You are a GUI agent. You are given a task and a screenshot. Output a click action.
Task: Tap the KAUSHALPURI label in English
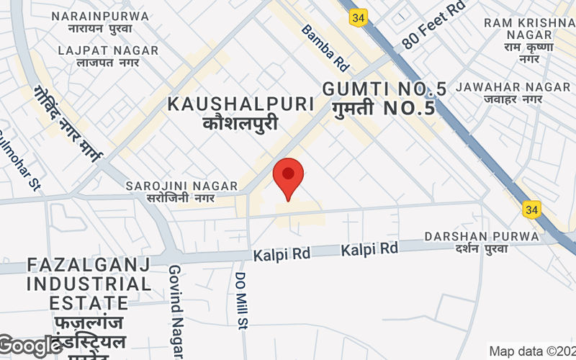(x=240, y=104)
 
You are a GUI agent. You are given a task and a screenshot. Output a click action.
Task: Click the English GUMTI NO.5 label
(x=384, y=89)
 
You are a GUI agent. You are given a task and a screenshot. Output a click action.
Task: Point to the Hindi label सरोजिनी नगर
(x=180, y=197)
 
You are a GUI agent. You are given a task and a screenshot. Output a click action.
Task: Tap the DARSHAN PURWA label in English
(x=482, y=236)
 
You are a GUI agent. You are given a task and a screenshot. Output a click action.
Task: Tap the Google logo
(x=30, y=346)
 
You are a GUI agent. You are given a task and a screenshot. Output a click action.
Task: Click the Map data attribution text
(x=532, y=351)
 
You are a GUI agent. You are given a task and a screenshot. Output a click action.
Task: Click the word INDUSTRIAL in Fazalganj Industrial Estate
(x=89, y=284)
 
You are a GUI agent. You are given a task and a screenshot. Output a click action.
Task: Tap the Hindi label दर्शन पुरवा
(x=477, y=248)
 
